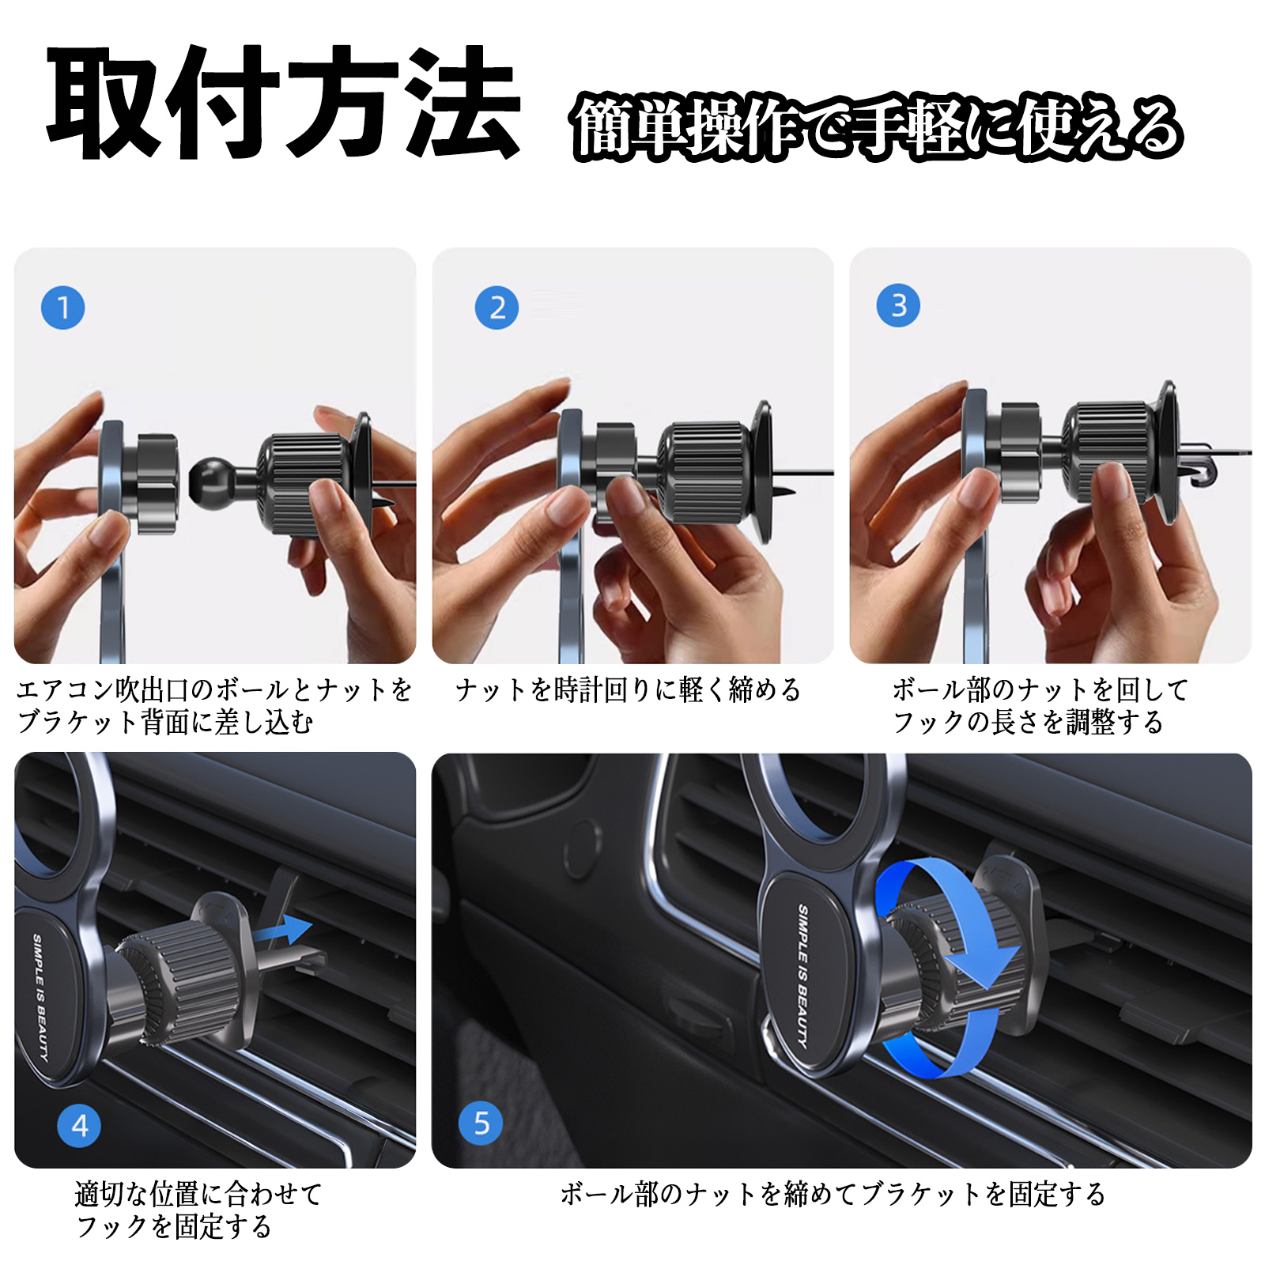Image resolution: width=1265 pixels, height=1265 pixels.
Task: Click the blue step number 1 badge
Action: pos(62,308)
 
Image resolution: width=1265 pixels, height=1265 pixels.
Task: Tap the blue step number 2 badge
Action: pos(497,308)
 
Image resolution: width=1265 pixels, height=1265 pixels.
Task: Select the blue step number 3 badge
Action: pos(898,305)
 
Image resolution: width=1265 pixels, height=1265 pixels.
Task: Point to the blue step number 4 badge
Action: pos(79,1125)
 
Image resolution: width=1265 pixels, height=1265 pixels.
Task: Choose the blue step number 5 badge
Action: pos(481,1123)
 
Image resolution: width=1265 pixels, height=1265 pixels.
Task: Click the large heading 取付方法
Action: pos(282,103)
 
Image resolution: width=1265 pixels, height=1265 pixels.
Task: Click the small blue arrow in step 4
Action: pos(286,930)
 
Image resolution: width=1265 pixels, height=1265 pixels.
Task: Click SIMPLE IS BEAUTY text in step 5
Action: pos(802,976)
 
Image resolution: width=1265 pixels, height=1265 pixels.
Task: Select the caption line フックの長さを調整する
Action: pos(1028,722)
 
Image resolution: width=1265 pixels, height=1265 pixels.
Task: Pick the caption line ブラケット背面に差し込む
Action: pos(166,722)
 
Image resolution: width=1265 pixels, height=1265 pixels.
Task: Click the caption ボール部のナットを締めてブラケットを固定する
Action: pos(833,1193)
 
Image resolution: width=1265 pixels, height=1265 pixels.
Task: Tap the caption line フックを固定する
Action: pos(174,1226)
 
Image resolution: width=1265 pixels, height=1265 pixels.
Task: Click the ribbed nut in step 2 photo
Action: pos(704,472)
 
